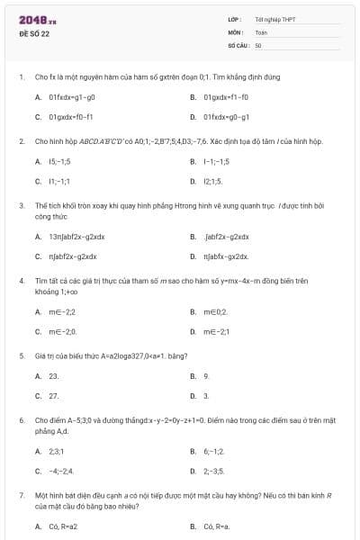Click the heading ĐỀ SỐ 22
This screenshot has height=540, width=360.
[x=34, y=33]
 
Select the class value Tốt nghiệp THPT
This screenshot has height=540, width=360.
[x=275, y=19]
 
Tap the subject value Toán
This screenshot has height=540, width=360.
[x=261, y=31]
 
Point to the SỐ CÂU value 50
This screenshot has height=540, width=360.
[x=258, y=44]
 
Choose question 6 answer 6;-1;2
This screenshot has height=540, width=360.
[x=214, y=451]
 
